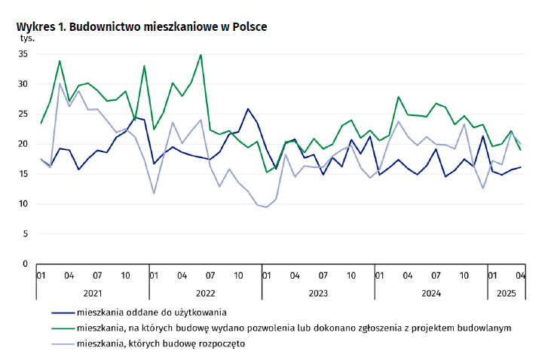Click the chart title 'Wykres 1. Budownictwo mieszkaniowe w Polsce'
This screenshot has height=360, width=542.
click(142, 26)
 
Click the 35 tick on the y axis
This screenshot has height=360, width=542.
click(23, 54)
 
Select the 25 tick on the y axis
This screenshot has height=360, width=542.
click(23, 114)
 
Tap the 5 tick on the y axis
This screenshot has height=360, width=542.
click(25, 233)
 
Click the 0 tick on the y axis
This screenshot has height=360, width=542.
click(25, 264)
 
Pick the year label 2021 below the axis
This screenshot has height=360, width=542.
click(93, 291)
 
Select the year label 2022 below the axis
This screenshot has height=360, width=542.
click(205, 291)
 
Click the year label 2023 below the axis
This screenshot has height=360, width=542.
click(317, 291)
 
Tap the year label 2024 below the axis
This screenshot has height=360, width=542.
click(430, 291)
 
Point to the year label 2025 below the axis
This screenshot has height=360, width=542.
click(504, 291)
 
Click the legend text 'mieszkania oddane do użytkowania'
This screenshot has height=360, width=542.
click(152, 311)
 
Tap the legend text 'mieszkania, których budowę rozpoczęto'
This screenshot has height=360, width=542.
click(161, 343)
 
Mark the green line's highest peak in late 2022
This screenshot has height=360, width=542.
click(201, 54)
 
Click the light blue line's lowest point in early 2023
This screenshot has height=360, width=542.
click(266, 207)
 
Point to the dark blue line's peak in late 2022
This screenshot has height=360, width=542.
click(247, 108)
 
